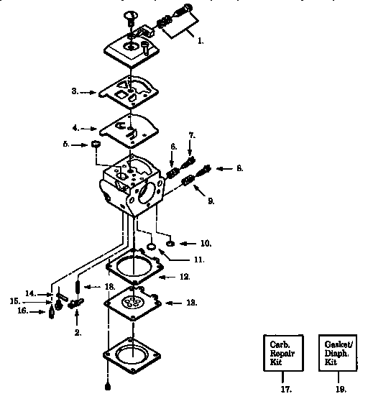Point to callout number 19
[341, 389]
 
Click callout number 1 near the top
[201, 42]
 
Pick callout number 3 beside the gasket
[75, 92]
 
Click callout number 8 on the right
[239, 168]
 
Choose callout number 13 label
[191, 303]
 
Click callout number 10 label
[206, 243]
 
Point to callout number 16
[22, 311]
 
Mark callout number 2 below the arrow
[78, 333]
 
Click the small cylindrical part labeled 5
[93, 146]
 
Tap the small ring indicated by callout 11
[152, 249]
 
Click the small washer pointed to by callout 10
[170, 243]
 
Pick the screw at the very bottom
[107, 388]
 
